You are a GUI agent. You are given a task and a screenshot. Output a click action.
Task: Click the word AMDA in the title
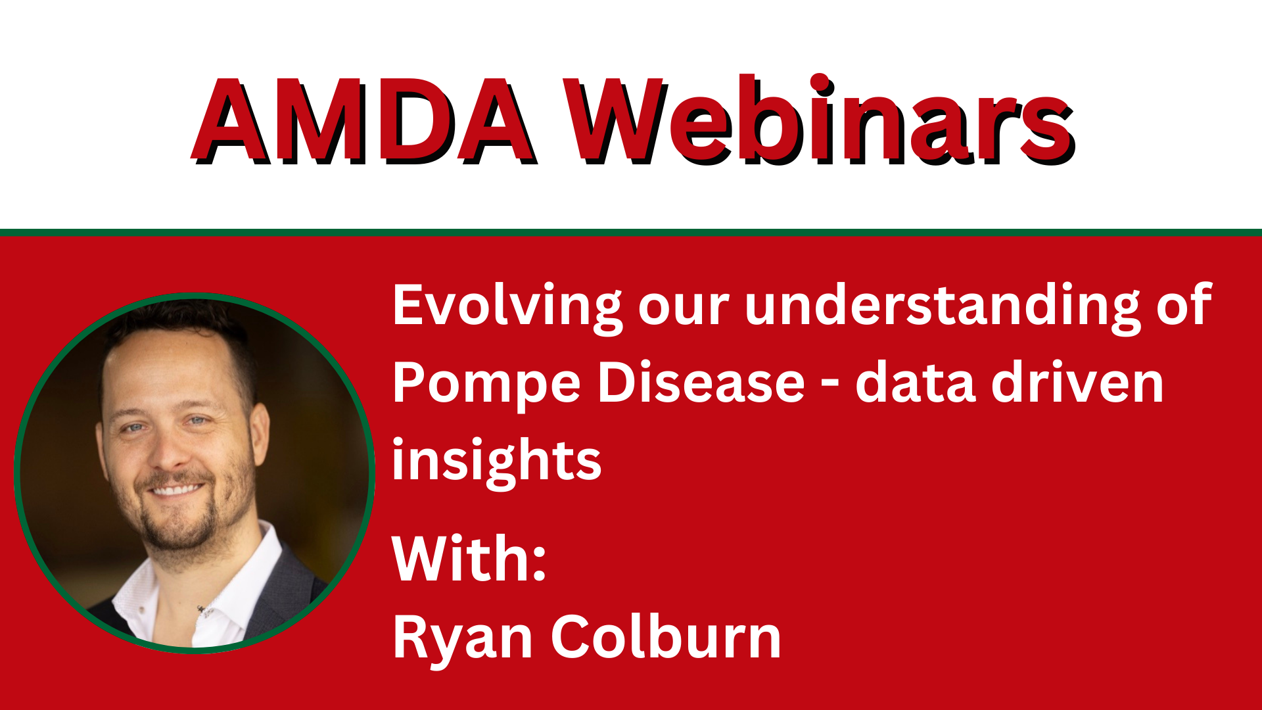coord(364,121)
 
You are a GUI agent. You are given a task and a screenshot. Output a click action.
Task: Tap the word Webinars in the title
coord(819,119)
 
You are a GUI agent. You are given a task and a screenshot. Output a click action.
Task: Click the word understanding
coord(943,306)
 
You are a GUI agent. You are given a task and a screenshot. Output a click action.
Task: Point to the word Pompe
coord(487,385)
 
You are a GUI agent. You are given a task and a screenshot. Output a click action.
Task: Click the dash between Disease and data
coord(830,385)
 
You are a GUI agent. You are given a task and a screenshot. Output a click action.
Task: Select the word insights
coord(497,461)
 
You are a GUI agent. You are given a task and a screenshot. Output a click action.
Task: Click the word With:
coord(469,558)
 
